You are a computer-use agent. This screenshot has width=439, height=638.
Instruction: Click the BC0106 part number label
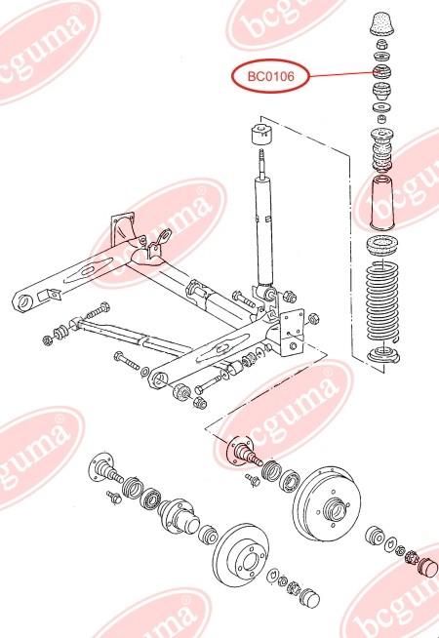tap(270, 76)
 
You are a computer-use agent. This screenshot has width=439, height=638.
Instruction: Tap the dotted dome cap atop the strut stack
tap(382, 24)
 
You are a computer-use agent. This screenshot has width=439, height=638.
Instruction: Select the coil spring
tap(382, 302)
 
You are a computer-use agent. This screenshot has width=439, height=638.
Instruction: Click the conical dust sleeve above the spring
tap(382, 203)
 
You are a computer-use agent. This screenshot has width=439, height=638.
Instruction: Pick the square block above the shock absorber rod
tap(261, 132)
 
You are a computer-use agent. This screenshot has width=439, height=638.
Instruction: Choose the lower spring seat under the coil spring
tap(383, 354)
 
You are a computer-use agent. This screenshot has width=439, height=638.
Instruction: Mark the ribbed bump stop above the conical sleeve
tap(382, 149)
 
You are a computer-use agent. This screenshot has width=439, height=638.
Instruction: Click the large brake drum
tap(327, 503)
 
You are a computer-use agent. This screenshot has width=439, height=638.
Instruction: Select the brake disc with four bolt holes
tap(241, 555)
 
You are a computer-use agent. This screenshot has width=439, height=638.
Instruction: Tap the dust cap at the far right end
tap(426, 567)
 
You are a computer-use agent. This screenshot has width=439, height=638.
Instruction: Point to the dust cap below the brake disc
tap(309, 597)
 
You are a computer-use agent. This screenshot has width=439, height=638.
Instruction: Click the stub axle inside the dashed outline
tap(244, 452)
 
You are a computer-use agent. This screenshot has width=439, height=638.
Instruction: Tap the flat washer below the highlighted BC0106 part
tap(381, 108)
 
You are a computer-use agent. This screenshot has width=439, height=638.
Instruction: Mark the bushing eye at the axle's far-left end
tap(23, 302)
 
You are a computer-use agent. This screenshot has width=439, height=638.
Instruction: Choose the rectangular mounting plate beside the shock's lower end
tap(293, 334)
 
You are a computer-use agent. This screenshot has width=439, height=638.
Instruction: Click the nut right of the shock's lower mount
tap(289, 297)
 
